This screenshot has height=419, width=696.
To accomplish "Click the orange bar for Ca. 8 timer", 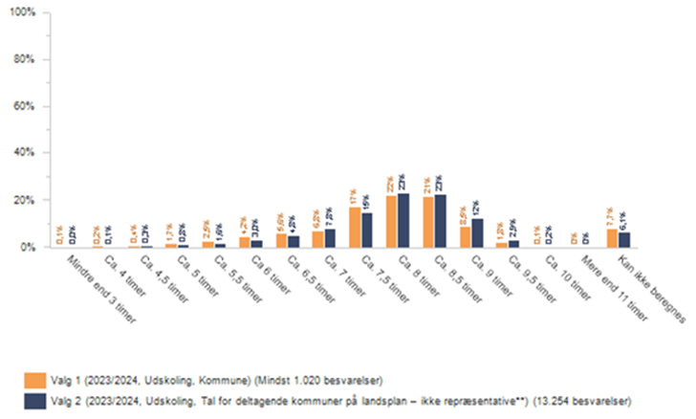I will tap(392, 221).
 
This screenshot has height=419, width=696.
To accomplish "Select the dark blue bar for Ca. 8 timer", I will tap(403, 220).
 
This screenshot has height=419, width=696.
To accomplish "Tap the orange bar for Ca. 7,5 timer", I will tap(355, 227).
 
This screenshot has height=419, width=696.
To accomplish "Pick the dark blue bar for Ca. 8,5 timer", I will tap(441, 220).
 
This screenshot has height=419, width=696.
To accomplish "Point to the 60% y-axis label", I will tap(25, 105).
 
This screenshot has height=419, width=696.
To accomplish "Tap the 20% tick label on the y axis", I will tap(25, 200).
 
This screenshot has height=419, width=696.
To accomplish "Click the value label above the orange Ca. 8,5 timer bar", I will tap(426, 185).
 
